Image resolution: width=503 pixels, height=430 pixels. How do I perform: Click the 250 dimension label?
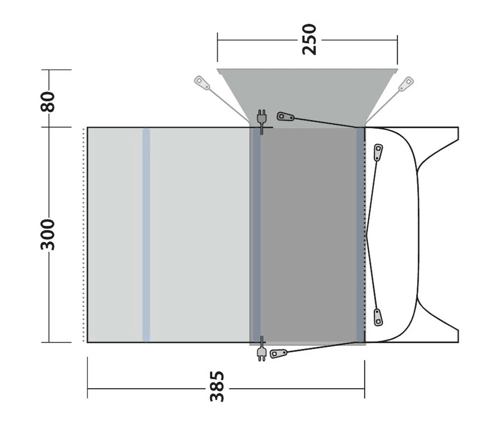[x=309, y=40]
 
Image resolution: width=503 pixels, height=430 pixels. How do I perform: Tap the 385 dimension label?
[x=217, y=386]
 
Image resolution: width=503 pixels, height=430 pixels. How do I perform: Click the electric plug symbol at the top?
[x=261, y=117]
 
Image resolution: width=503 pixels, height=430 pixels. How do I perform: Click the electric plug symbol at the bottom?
[x=261, y=352]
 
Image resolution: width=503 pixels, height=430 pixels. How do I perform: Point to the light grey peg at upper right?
[x=406, y=84]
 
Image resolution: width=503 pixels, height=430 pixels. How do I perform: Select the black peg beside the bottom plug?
[x=279, y=353]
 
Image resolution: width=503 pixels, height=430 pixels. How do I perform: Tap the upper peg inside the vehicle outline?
[x=378, y=152]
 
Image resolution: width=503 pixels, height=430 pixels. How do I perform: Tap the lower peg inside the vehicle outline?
[x=378, y=317]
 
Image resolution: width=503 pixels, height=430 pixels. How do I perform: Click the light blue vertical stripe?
[x=146, y=235]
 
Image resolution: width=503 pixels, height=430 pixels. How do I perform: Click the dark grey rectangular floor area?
[x=308, y=235]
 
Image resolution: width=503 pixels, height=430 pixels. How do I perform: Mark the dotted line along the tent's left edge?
[x=84, y=235]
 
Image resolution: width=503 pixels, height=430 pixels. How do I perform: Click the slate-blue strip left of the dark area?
[x=256, y=235]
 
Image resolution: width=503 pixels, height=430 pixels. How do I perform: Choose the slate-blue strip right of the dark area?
[x=360, y=235]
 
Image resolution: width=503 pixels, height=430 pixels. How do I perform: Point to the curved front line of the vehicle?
[x=417, y=235]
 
